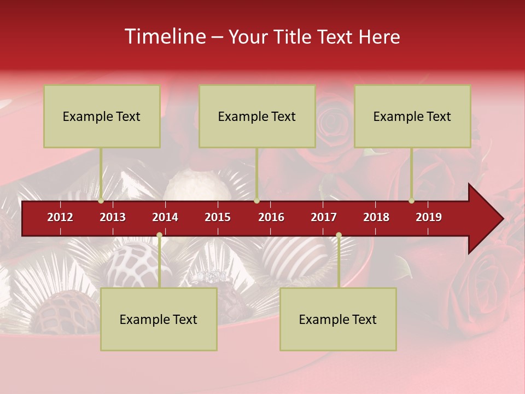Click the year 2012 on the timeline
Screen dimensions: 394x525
[60, 217]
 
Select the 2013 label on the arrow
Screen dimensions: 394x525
[113, 217]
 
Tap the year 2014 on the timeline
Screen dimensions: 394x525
[165, 217]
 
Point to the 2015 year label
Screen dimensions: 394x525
[218, 217]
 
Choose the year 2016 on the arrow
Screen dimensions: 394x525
[271, 217]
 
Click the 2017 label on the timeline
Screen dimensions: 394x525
[324, 217]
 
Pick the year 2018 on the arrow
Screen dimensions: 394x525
[376, 217]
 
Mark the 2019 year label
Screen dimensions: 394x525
[429, 217]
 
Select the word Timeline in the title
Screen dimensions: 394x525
[165, 37]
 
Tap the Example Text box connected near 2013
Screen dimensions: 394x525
[102, 116]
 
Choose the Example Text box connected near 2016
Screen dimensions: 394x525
[257, 116]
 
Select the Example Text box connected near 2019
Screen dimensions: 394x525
[412, 116]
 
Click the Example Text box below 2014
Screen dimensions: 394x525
[159, 319]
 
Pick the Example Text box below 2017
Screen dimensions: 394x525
[338, 319]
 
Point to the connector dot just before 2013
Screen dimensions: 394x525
[101, 200]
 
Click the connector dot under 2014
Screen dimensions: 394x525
[159, 235]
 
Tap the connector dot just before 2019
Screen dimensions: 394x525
[411, 200]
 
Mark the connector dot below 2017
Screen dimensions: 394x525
[339, 235]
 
